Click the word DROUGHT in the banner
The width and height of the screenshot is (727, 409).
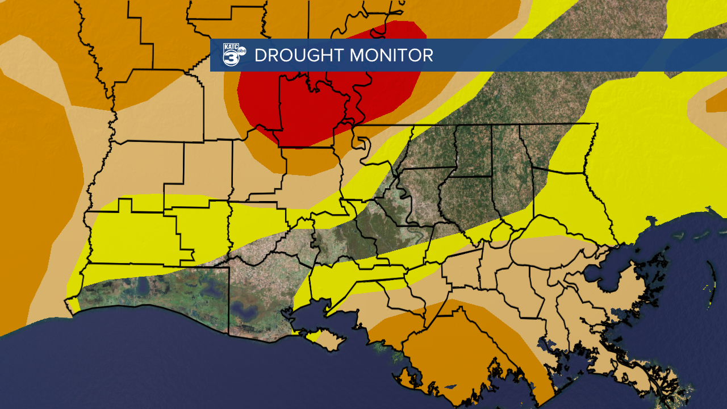click(x=299, y=56)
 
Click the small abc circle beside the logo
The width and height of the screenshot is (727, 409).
click(x=242, y=51)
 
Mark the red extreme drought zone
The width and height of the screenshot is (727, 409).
click(x=318, y=108)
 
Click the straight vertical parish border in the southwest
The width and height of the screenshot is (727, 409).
click(x=229, y=301)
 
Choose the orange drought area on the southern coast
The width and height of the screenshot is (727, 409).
click(x=454, y=347)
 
